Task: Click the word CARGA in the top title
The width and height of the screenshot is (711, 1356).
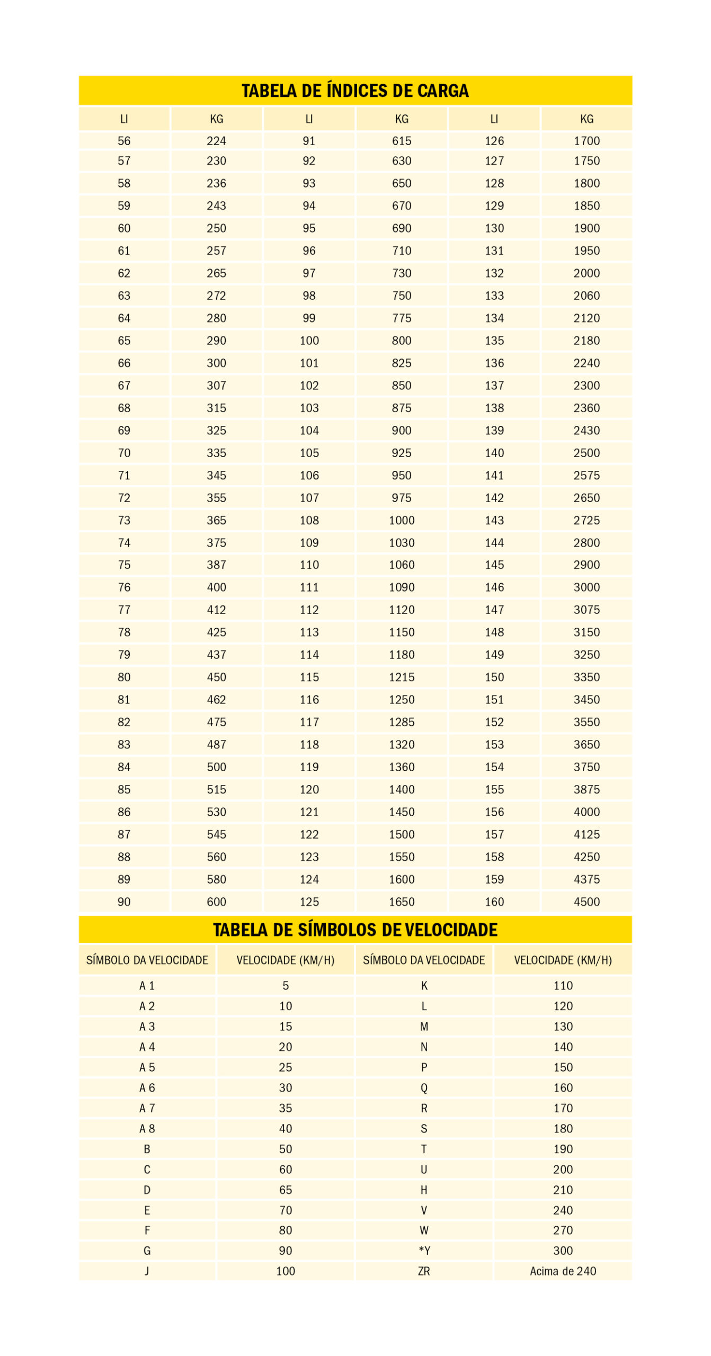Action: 442,91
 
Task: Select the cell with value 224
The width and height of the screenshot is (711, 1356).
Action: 216,141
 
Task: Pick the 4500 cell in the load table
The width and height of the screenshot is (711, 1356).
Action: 586,902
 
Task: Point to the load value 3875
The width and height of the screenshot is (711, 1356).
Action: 586,789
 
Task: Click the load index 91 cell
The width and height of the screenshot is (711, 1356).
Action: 309,141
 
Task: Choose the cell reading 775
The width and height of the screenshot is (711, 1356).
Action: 402,318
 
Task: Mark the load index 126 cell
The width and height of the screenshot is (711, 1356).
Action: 494,141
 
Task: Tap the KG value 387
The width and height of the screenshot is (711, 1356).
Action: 216,565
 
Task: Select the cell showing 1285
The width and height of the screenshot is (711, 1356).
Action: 402,722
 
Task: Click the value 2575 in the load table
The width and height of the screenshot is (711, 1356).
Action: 586,475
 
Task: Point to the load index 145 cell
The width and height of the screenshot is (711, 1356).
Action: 494,565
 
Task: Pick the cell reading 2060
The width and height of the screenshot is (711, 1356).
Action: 586,296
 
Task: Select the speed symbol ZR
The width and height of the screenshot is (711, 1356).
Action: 424,1271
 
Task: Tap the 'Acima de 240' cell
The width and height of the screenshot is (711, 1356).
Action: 563,1271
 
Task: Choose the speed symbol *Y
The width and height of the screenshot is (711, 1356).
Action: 424,1251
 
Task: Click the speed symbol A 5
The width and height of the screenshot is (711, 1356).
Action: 147,1067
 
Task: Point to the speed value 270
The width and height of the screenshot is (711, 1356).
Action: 563,1230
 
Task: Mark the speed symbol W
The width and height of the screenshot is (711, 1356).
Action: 424,1230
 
